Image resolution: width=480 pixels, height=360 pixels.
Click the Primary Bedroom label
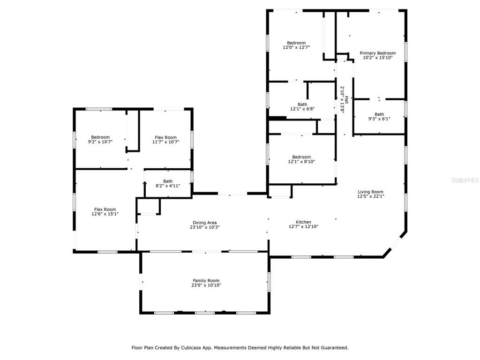(x=377, y=53)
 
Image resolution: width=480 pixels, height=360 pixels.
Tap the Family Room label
(x=206, y=280)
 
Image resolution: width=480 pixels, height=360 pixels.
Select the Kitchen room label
(x=303, y=222)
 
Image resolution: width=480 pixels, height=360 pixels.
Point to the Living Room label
(x=370, y=192)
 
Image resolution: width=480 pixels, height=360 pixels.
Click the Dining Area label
(x=204, y=223)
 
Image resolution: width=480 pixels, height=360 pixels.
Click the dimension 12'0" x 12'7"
(x=296, y=47)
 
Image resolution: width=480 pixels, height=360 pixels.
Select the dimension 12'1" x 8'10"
(x=301, y=162)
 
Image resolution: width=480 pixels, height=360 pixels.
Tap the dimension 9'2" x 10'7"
(x=100, y=142)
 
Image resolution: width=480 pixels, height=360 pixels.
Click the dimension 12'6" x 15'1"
(x=105, y=214)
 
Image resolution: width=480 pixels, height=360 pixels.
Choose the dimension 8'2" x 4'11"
(x=167, y=186)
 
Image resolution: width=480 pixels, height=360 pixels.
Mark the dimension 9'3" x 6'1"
(x=379, y=119)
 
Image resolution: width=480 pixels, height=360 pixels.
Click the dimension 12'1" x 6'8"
(x=302, y=109)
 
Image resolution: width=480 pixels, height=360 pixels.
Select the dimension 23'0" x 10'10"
(x=206, y=285)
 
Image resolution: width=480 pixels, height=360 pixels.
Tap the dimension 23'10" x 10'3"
(x=204, y=227)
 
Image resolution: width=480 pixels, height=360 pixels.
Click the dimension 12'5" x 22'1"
(x=370, y=196)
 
